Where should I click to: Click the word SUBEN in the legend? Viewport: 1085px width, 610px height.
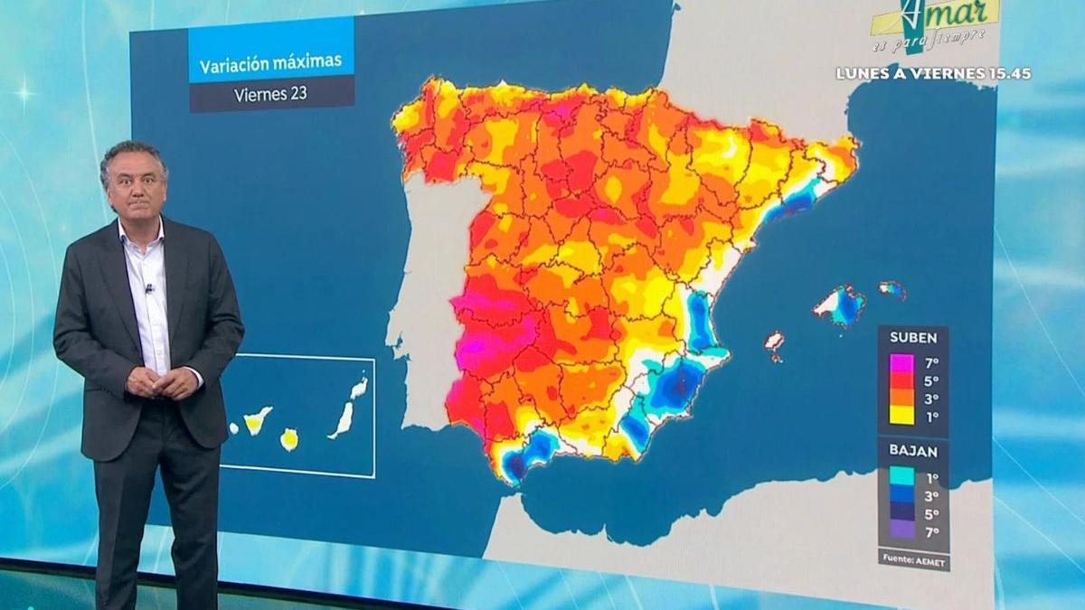[912, 338]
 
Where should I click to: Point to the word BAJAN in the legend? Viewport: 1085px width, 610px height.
[912, 451]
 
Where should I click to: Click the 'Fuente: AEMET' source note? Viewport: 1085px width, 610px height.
[913, 559]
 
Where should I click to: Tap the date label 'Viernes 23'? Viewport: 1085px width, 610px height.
[269, 94]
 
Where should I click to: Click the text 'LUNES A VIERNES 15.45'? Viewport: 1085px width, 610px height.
[933, 73]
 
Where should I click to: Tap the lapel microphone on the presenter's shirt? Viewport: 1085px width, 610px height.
[149, 289]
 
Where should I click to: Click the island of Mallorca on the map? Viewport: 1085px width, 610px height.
[841, 305]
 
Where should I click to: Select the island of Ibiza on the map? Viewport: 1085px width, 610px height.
[773, 342]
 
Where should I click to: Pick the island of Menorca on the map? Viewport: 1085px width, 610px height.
[892, 289]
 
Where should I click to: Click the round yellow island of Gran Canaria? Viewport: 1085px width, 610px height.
[290, 440]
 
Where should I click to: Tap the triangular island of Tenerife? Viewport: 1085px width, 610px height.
[256, 419]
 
